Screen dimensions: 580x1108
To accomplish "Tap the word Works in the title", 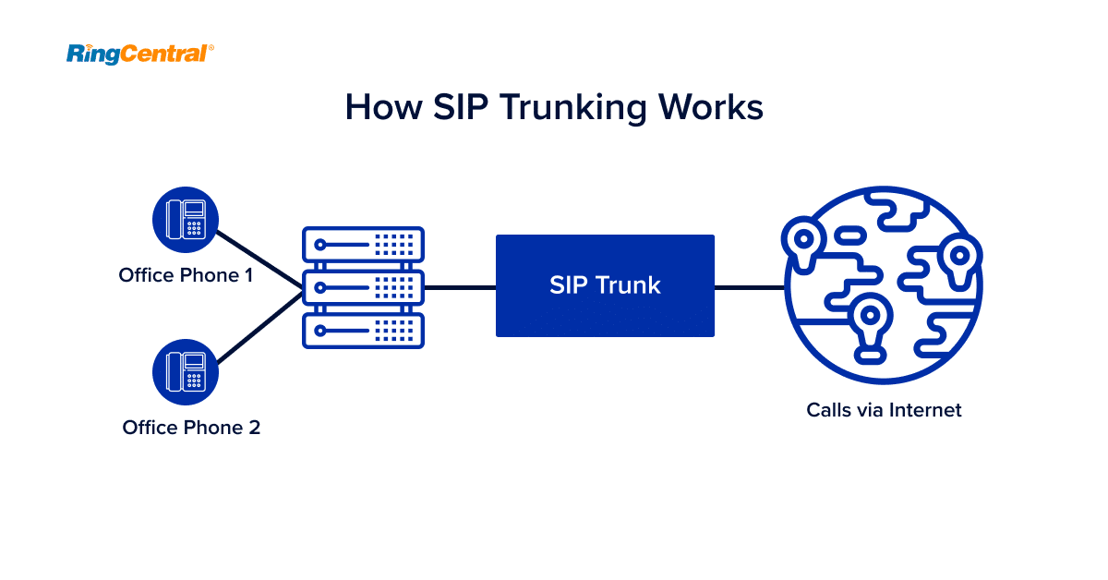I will (711, 107).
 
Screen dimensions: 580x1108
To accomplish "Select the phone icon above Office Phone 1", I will (185, 219).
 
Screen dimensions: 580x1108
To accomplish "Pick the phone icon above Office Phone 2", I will (185, 370).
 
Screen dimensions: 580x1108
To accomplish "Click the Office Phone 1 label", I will (186, 274).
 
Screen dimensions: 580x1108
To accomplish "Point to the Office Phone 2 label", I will (191, 428).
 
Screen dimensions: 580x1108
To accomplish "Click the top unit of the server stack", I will (363, 244).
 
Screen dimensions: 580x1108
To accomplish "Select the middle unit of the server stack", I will (363, 287).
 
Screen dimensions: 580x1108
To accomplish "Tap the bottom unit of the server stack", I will (363, 330).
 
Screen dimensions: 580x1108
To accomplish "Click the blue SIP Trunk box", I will (605, 285).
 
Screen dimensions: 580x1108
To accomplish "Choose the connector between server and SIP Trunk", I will (459, 287).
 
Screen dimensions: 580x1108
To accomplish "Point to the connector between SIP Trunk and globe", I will (749, 287).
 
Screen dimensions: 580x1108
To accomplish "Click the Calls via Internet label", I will (884, 409).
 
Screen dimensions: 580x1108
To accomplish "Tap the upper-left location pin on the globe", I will (804, 239).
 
